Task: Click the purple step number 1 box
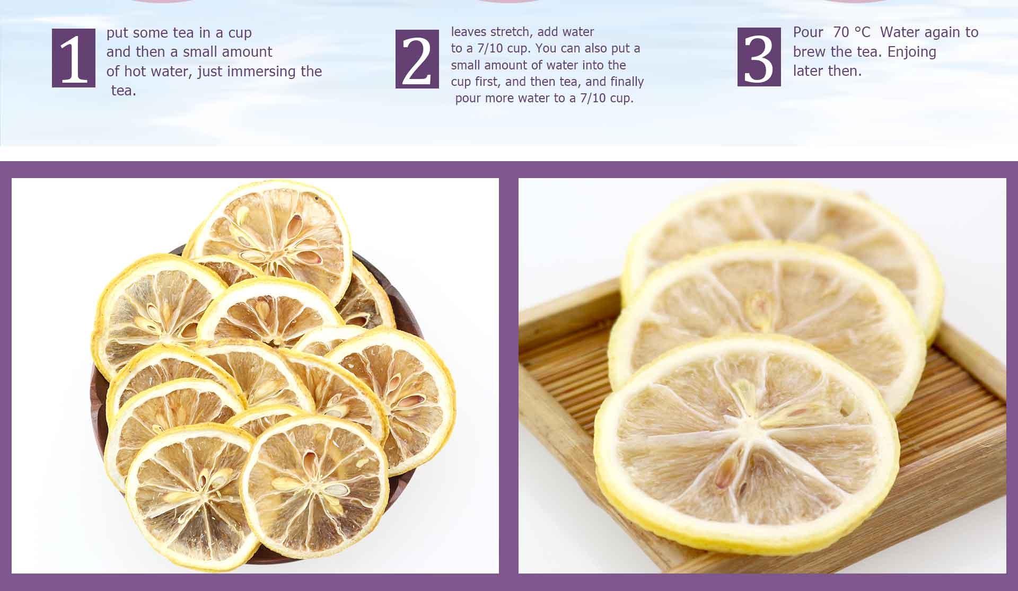click(x=74, y=58)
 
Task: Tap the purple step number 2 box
click(x=417, y=59)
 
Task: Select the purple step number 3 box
click(x=759, y=57)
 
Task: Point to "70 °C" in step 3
click(x=852, y=32)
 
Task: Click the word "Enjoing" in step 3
click(x=912, y=52)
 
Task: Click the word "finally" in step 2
click(x=627, y=82)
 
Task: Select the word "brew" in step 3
click(x=808, y=52)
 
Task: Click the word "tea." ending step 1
click(x=124, y=91)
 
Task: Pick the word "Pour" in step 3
click(x=808, y=32)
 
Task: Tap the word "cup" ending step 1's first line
click(x=240, y=33)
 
